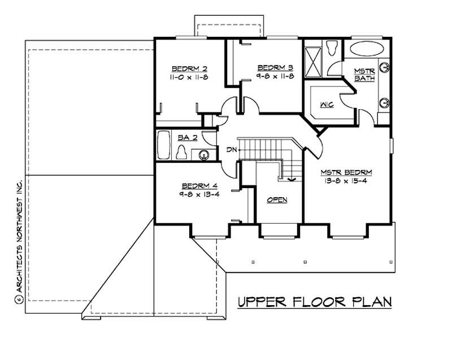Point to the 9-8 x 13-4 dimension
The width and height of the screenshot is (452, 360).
point(200,194)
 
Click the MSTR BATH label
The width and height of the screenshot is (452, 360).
point(364,75)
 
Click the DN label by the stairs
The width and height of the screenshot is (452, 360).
point(231,149)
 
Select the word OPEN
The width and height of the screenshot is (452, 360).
point(277,200)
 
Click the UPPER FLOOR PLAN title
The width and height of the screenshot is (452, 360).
point(314,302)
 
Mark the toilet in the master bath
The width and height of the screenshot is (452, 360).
point(332,47)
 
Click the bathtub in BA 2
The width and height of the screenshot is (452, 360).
point(163,145)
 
